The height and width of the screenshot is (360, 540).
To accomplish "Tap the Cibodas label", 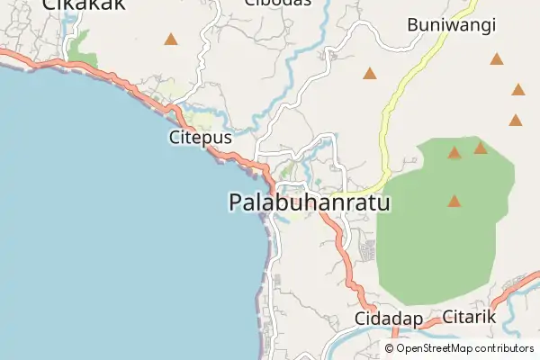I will [x=278, y=3].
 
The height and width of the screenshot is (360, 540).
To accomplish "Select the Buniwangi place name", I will [x=452, y=25].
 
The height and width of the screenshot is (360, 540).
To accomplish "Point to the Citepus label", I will [x=200, y=138].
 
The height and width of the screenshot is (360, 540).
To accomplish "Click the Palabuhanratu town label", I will [x=310, y=203].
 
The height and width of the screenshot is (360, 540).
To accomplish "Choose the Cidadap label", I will [x=389, y=319].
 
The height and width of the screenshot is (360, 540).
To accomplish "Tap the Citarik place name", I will [x=469, y=318].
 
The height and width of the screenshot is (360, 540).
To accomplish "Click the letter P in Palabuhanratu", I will [x=237, y=203].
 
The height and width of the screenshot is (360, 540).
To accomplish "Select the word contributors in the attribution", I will [x=506, y=348].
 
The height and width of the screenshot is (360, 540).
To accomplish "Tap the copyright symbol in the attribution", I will [x=390, y=348].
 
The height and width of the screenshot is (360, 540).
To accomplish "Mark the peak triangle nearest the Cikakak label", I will [x=170, y=39].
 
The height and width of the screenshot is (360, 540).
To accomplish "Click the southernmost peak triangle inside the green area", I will [x=454, y=201].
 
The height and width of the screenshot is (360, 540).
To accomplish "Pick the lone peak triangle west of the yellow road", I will [x=369, y=73].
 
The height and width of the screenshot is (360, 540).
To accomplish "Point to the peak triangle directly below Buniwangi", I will [x=497, y=59].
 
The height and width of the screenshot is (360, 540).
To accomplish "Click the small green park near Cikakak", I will [x=83, y=49].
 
